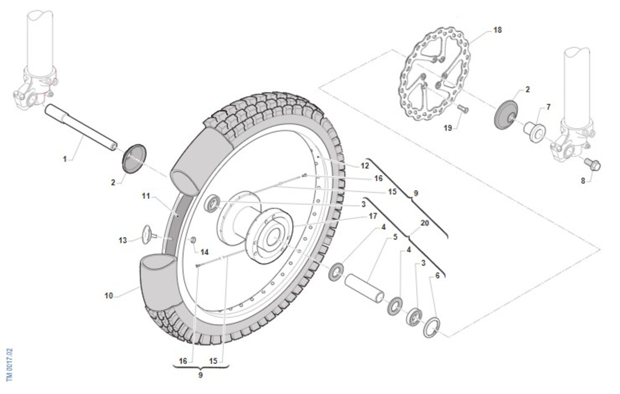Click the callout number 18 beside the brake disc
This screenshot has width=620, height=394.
pyautogui.click(x=498, y=30)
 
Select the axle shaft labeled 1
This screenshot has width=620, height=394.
pyautogui.click(x=81, y=127)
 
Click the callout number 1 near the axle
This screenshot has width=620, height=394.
pyautogui.click(x=65, y=159)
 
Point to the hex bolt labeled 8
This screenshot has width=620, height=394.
pyautogui.click(x=592, y=164)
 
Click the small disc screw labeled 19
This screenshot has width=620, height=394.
pyautogui.click(x=463, y=109)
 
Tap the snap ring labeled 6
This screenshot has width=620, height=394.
pyautogui.click(x=432, y=327)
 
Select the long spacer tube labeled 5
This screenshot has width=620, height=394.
pyautogui.click(x=364, y=288)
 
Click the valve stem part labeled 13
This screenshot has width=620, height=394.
pyautogui.click(x=149, y=235)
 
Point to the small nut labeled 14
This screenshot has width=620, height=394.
pyautogui.click(x=193, y=239)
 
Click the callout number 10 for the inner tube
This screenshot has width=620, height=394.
pyautogui.click(x=109, y=296)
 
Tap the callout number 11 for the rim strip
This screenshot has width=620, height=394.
pyautogui.click(x=146, y=196)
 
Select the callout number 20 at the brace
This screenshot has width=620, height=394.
pyautogui.click(x=425, y=223)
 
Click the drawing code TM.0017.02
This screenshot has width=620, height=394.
pyautogui.click(x=10, y=365)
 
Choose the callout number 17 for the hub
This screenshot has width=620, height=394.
pyautogui.click(x=373, y=216)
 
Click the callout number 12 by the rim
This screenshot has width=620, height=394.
pyautogui.click(x=365, y=165)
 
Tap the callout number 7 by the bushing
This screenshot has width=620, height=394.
pyautogui.click(x=548, y=107)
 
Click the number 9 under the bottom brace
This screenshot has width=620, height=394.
pyautogui.click(x=200, y=375)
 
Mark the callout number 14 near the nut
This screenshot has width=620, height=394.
pyautogui.click(x=204, y=252)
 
